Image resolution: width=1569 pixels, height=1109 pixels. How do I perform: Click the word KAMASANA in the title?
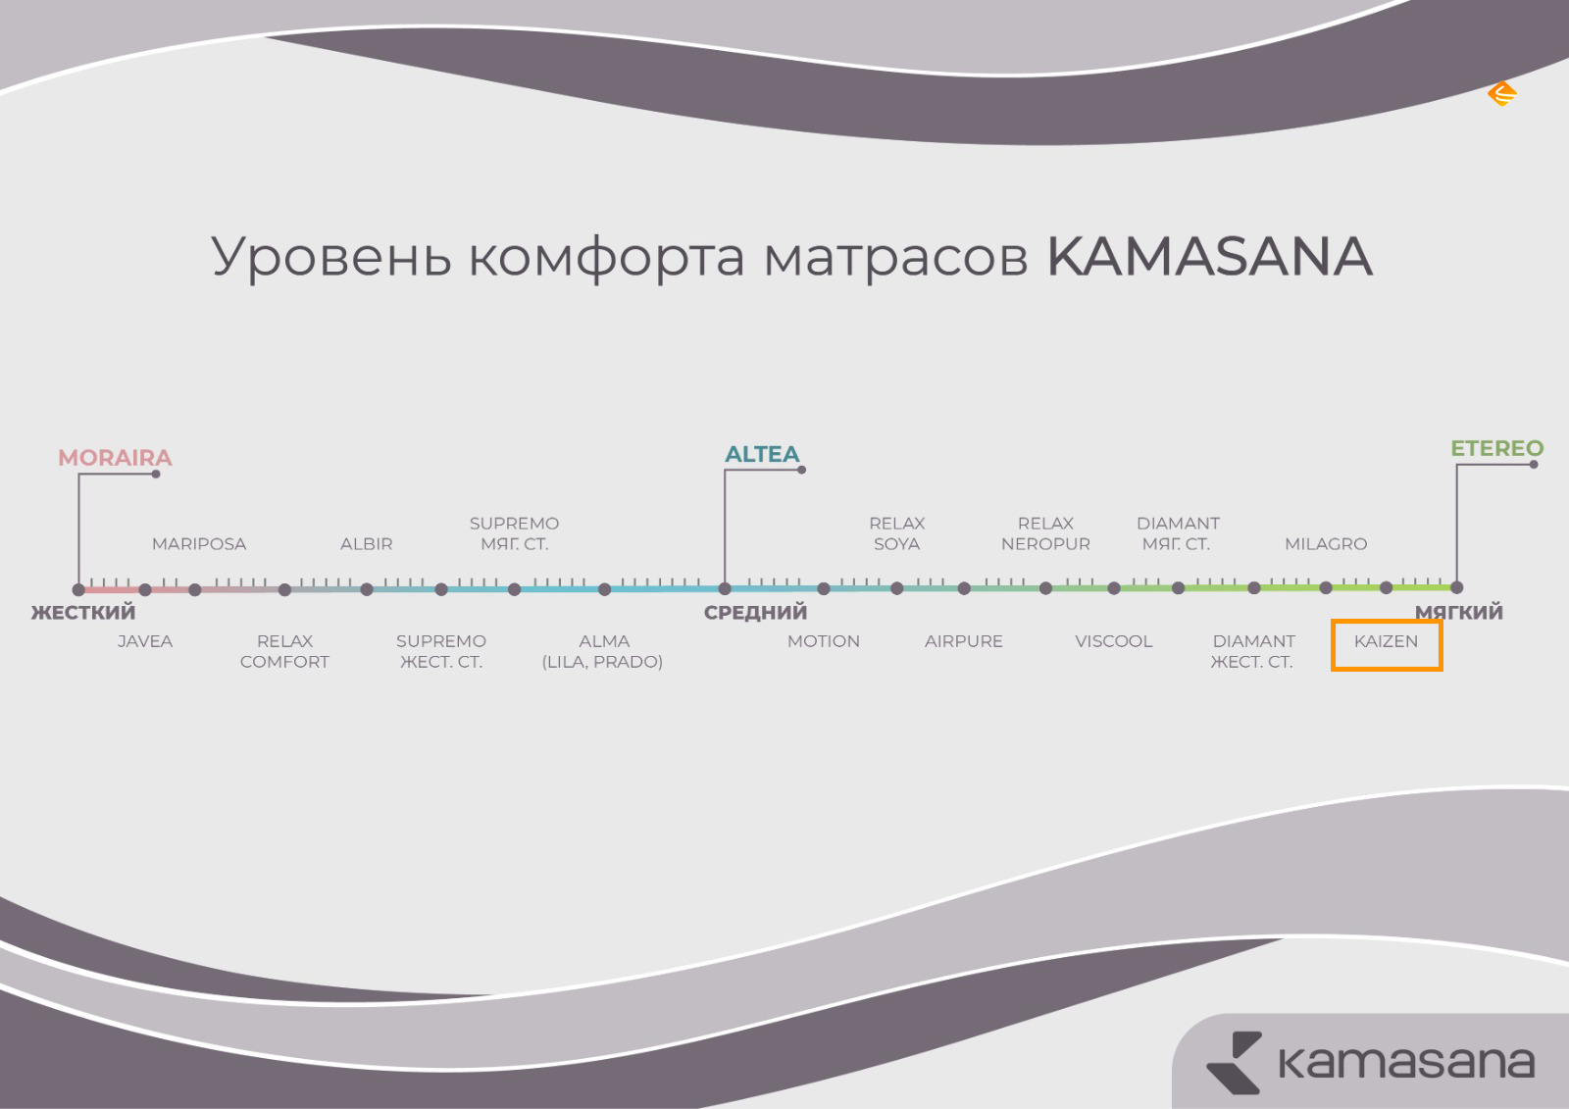coord(1210,256)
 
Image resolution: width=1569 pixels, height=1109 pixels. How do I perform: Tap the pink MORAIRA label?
coord(115,458)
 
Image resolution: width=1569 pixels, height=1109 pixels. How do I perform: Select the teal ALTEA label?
coord(762,454)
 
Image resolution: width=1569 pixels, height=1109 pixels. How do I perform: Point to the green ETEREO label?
coord(1496,448)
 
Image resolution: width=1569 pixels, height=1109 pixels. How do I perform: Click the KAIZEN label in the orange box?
coord(1386,641)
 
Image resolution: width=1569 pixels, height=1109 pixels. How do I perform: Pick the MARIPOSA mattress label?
coord(199,543)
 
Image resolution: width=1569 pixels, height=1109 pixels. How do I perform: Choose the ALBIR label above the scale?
coord(367,543)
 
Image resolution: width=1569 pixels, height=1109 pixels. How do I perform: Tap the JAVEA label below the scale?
coord(145,641)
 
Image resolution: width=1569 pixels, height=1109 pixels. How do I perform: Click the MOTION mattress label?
coord(824,641)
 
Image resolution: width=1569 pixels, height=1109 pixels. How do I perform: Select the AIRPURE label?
coord(964,641)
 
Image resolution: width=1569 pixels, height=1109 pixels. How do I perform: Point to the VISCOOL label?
coord(1114,641)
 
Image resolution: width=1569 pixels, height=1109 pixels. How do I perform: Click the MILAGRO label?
coord(1326,543)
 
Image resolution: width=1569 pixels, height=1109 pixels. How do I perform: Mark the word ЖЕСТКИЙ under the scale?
coord(83,612)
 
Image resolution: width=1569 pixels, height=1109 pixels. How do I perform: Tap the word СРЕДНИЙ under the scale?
coord(756,612)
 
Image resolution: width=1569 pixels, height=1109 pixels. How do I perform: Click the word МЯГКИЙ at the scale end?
coord(1459,612)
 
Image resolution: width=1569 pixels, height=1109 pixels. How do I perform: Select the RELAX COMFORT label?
coord(284,651)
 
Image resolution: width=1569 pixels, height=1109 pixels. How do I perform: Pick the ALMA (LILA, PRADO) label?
coord(602,651)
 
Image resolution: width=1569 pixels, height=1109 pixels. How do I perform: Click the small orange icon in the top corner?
coord(1501,94)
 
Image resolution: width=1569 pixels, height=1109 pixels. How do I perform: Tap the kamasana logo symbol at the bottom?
coord(1234,1062)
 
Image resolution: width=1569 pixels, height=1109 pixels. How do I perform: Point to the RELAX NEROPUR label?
coord(1045,533)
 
